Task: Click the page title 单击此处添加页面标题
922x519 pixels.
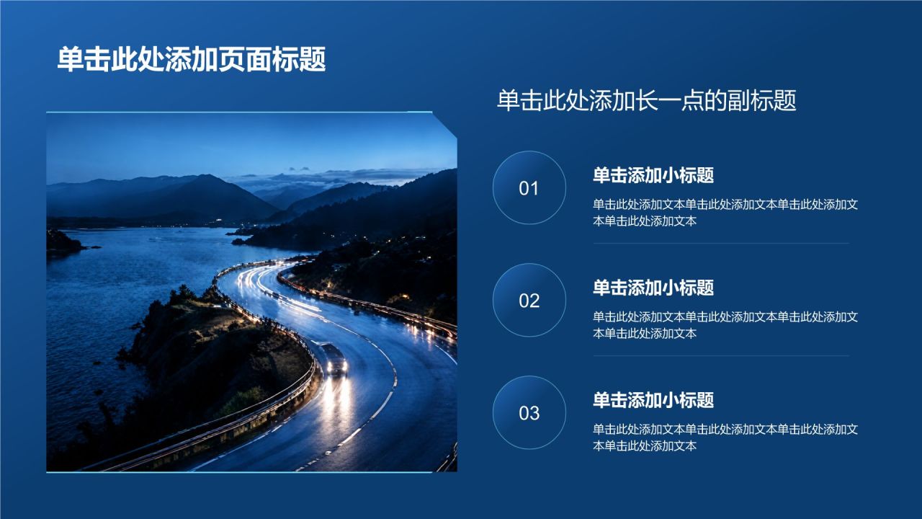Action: (192, 59)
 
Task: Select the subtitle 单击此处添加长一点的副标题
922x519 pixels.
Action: (647, 100)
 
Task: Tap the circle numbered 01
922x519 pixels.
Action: (529, 188)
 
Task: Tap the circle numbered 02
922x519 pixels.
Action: (529, 301)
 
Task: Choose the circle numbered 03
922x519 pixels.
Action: (529, 413)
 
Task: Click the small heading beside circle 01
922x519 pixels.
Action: (653, 175)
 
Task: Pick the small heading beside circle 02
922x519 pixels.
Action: (653, 288)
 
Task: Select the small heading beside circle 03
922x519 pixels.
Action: (653, 400)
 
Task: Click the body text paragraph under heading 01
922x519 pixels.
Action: (725, 213)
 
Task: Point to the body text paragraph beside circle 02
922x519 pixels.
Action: (725, 325)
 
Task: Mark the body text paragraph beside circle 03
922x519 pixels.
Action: (725, 438)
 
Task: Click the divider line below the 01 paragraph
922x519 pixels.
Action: (721, 244)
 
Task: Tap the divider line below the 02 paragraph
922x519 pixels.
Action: (721, 356)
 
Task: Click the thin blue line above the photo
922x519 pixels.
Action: (239, 112)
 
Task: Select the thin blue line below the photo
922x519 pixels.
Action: (239, 472)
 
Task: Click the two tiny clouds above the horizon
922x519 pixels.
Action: (299, 169)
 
